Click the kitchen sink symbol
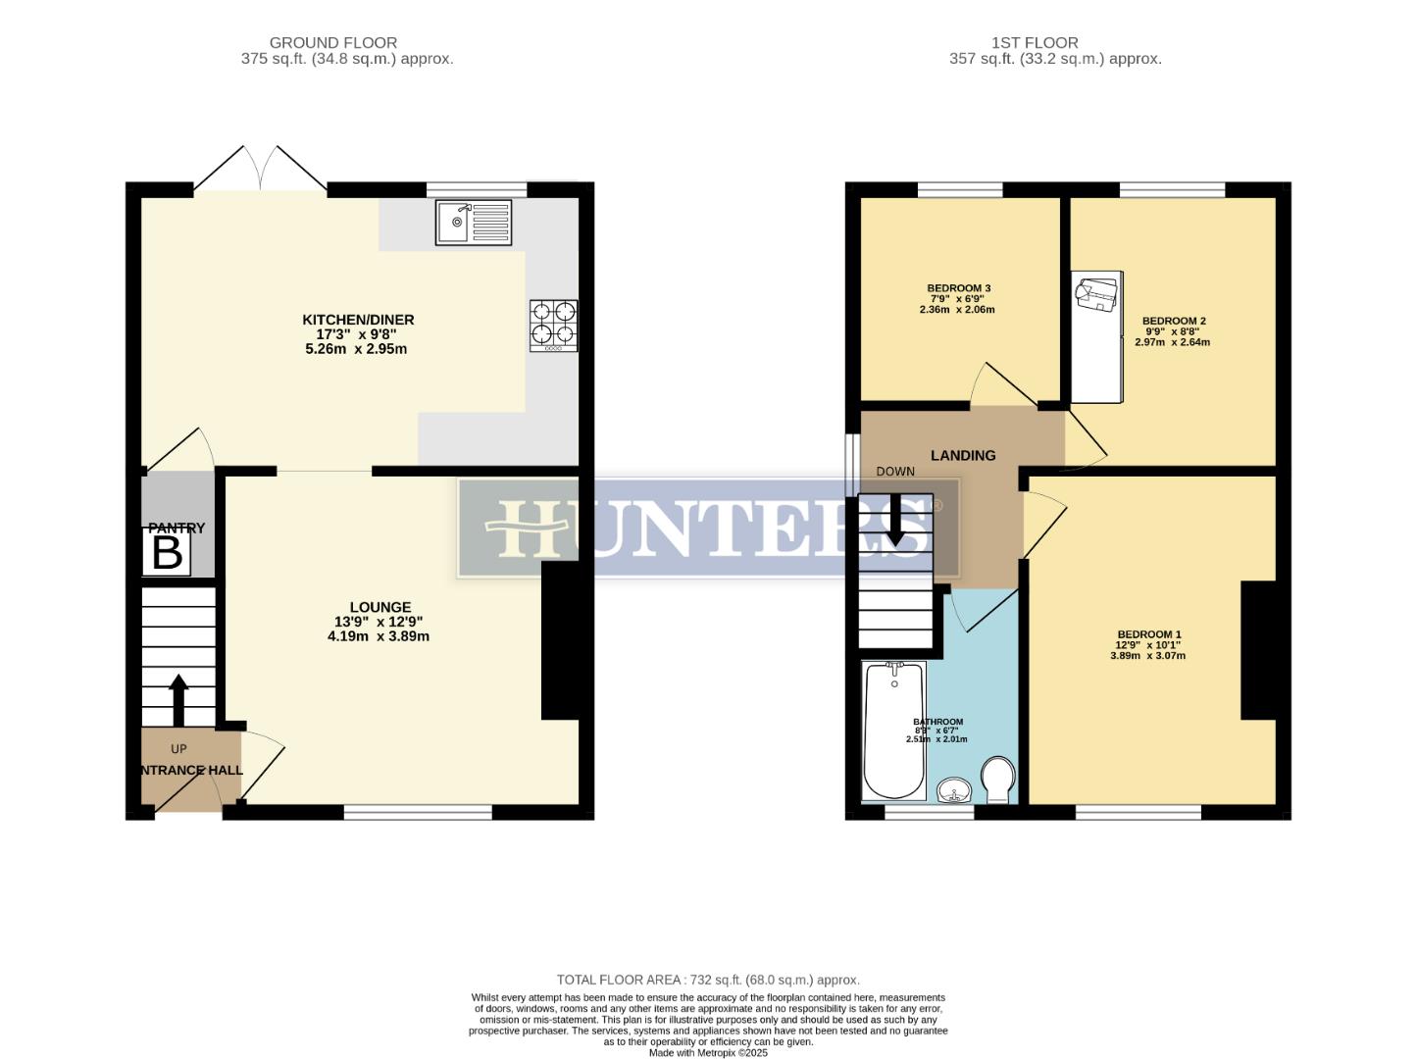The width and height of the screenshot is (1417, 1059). tap(475, 223)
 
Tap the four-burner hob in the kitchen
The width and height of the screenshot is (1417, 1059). tap(553, 325)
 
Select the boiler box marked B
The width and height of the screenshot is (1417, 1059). tap(168, 554)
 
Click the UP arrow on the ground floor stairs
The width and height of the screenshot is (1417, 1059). tap(178, 699)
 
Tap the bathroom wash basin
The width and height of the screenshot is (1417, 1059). tap(953, 789)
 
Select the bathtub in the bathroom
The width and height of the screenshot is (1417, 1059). tap(892, 731)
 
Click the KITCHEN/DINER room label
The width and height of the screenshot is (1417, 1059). tap(358, 320)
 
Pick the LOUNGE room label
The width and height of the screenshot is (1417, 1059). tap(380, 607)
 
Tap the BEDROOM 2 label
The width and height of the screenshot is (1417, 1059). tap(1174, 321)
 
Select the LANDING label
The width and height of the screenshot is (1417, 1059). tap(963, 455)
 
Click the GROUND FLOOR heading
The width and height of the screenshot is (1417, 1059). tap(333, 42)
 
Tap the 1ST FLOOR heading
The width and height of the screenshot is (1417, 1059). tap(1035, 42)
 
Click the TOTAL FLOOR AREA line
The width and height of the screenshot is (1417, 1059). tap(708, 980)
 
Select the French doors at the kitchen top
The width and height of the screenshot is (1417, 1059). tap(260, 170)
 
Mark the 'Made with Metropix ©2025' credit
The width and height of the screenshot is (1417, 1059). tap(708, 1053)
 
